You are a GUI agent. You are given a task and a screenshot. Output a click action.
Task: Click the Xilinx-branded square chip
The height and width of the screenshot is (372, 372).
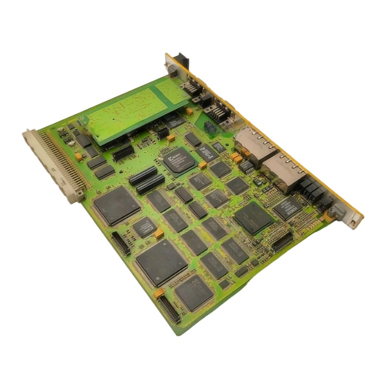click(x=179, y=160)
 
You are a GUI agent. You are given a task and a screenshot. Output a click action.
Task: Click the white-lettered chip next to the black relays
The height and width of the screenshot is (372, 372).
click(x=286, y=207)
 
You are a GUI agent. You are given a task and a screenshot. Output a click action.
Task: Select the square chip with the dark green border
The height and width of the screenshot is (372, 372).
click(x=252, y=218)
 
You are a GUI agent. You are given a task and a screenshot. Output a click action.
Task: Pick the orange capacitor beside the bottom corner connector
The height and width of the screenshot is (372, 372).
click(x=159, y=293)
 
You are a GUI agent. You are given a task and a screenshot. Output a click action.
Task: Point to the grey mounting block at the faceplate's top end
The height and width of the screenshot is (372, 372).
click(x=171, y=66)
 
